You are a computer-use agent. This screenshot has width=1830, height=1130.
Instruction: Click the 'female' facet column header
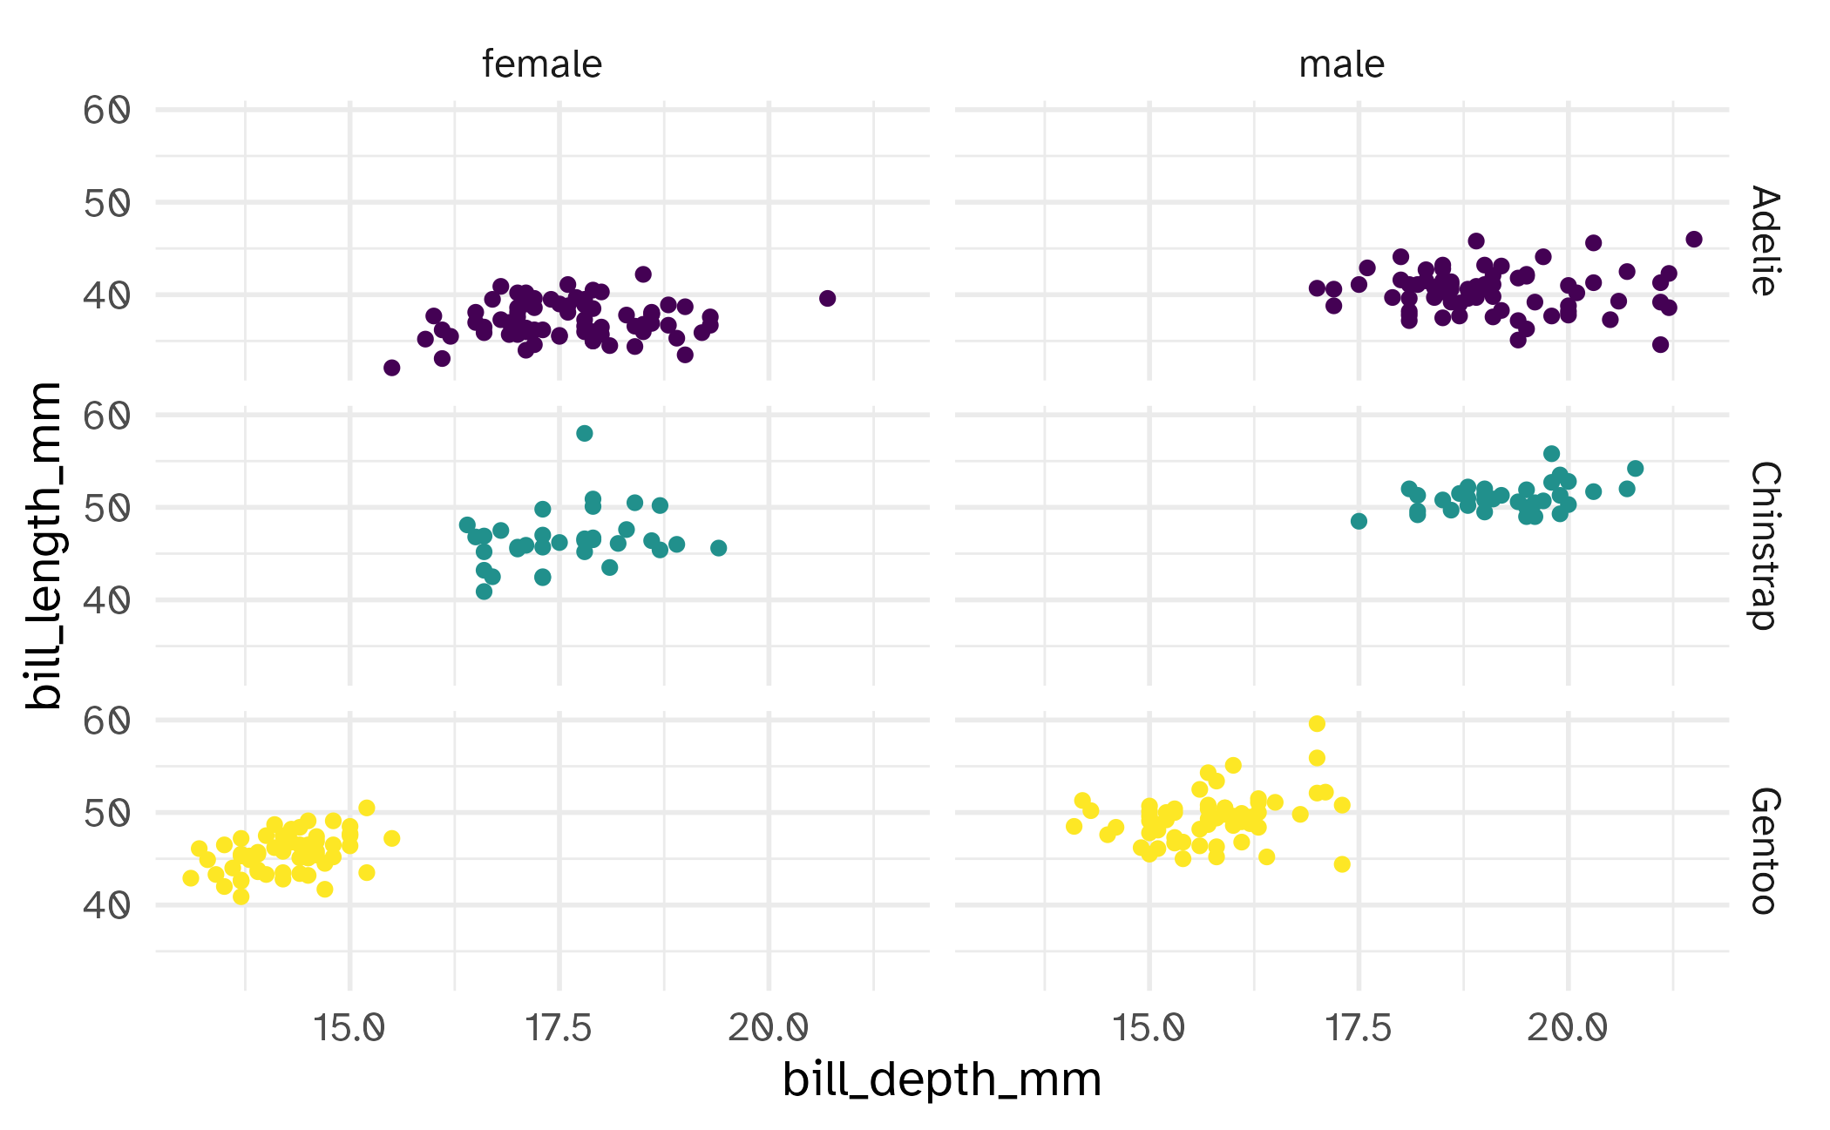pos(541,64)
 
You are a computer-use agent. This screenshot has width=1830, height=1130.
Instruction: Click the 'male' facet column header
pos(1341,64)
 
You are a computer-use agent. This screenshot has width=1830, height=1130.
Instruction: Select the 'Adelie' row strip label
pos(1764,240)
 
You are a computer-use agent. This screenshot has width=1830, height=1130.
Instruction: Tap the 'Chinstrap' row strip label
pos(1764,545)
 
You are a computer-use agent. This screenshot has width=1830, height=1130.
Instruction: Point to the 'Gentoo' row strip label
pos(1764,850)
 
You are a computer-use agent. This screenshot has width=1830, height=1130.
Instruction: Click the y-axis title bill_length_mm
pos(44,545)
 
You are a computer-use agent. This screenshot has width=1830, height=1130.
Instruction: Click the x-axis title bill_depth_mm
pos(941,1079)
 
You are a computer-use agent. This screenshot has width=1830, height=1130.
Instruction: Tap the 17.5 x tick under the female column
pos(559,1029)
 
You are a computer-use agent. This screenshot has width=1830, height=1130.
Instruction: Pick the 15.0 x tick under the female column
pos(349,1029)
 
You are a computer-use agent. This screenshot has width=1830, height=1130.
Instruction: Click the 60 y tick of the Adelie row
pos(106,111)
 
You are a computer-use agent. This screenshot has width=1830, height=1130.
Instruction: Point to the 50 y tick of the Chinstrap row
pos(106,508)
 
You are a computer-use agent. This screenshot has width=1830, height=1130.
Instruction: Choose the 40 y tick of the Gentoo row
pos(106,905)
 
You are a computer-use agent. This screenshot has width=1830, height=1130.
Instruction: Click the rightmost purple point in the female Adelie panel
pos(827,299)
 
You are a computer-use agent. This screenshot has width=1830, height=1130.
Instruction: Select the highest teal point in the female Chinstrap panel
pos(584,433)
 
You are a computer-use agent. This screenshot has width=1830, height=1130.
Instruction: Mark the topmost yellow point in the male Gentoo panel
pos(1317,724)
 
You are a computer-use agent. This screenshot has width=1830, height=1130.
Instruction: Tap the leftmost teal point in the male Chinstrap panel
pos(1359,521)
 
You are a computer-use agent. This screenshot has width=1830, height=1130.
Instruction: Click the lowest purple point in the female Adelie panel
pos(391,368)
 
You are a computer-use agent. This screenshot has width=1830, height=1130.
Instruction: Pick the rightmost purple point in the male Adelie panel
pos(1693,240)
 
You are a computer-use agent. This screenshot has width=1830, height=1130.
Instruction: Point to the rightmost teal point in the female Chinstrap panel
pos(718,548)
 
